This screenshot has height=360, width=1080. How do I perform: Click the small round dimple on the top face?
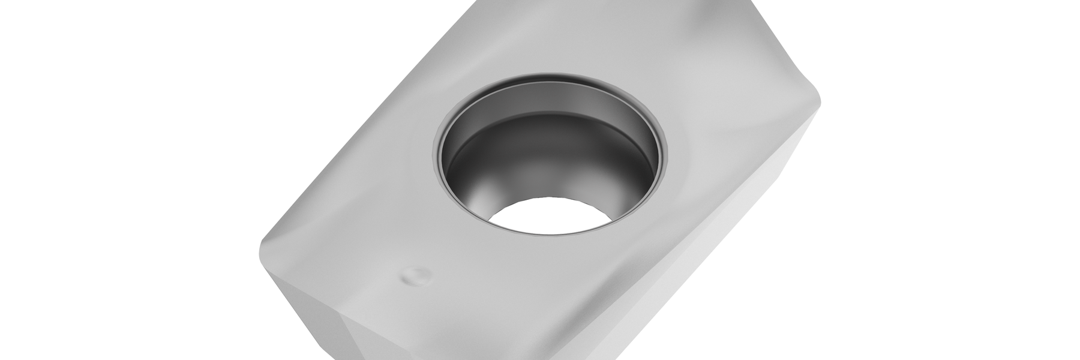point(414,275)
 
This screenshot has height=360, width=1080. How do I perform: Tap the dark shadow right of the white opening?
point(618,204)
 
